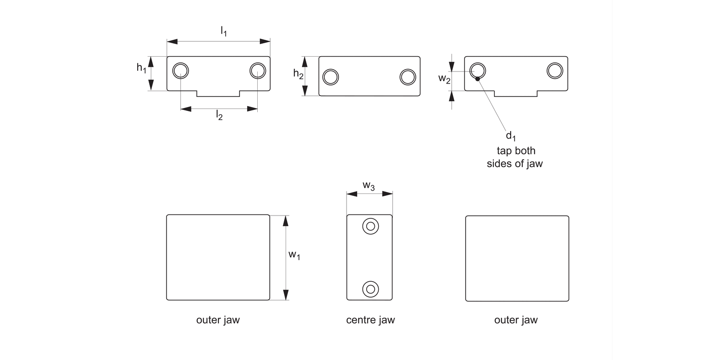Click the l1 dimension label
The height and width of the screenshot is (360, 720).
(x=224, y=32)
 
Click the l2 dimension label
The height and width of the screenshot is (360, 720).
(x=219, y=115)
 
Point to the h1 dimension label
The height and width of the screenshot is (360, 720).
(x=142, y=68)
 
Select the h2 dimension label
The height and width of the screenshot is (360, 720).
(x=298, y=74)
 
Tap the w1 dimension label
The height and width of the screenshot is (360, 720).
(x=294, y=255)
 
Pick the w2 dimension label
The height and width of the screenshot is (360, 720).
(x=444, y=79)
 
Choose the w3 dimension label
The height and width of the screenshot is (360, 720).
(x=369, y=186)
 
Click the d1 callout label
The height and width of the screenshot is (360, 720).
(x=511, y=136)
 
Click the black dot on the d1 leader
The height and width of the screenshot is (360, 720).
(x=478, y=79)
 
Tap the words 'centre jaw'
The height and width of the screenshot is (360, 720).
(x=370, y=320)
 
